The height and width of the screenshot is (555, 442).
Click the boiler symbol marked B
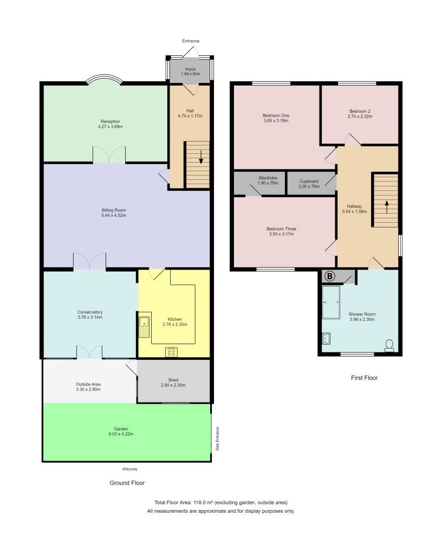click(328, 276)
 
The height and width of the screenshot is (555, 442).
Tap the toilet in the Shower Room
click(389, 345)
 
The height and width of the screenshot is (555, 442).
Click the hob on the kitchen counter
click(172, 352)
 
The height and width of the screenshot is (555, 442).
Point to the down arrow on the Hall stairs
click(201, 158)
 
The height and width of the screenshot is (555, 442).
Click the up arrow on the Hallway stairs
click(387, 206)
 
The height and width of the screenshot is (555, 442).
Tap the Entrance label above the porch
click(191, 41)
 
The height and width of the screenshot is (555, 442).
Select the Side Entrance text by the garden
click(218, 438)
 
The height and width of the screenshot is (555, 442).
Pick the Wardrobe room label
click(268, 178)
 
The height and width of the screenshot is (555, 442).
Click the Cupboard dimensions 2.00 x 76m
click(309, 186)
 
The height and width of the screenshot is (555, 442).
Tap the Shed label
click(173, 380)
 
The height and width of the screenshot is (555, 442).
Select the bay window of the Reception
click(104, 80)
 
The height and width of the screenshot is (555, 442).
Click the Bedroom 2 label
click(360, 111)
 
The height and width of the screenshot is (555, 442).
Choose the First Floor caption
click(364, 378)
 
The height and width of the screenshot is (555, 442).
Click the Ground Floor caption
click(127, 482)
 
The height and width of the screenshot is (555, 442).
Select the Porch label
click(191, 69)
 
